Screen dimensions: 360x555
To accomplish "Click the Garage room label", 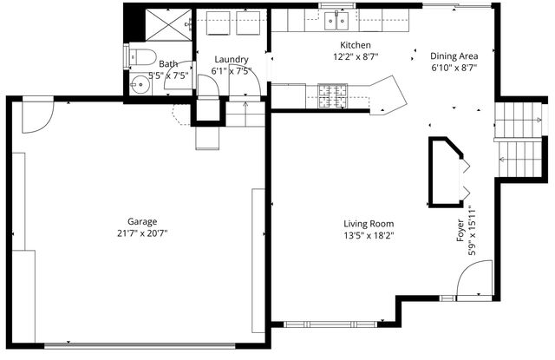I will click(142, 220).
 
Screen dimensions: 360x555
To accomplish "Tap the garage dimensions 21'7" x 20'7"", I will click(142, 232).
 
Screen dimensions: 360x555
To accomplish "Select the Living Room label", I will click(368, 223).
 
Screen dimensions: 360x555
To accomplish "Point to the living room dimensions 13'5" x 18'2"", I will click(368, 235).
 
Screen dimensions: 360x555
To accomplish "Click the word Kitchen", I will click(356, 44).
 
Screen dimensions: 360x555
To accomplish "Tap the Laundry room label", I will click(232, 59).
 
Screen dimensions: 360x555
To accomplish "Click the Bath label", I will click(167, 63).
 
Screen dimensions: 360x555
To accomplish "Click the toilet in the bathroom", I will click(140, 58).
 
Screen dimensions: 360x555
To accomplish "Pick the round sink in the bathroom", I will click(140, 86).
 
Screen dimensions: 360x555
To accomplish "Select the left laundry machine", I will click(217, 23).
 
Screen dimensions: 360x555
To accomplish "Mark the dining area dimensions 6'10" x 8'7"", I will click(454, 67).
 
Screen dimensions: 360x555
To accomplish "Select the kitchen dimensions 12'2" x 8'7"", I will click(356, 56).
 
